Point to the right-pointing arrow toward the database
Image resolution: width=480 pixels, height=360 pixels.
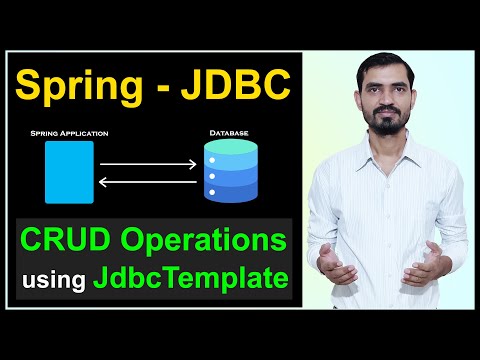[x=151, y=160]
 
